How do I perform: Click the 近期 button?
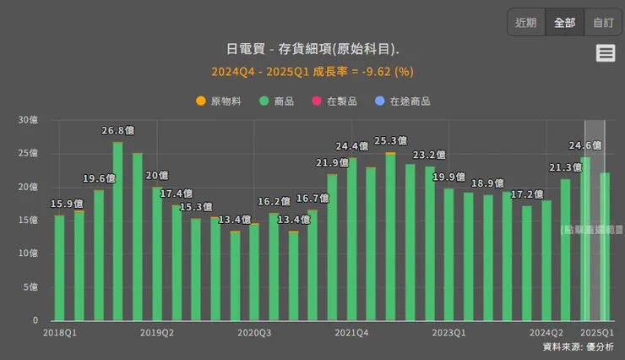pos(525,23)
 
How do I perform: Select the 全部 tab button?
pos(564,23)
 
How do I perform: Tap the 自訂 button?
pos(603,23)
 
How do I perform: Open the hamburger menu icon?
pos(606,53)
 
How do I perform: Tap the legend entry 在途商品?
pos(403,101)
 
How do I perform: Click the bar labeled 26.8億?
pos(118,232)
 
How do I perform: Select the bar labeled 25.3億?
pos(390,237)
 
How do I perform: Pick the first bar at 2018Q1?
pos(59,268)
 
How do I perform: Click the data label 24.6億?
pos(584,145)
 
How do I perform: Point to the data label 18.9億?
pos(487,183)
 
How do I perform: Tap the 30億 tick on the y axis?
pos(28,121)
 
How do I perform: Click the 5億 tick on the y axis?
pos(30,287)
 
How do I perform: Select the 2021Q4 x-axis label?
pos(351,333)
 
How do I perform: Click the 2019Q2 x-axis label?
pos(157,333)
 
